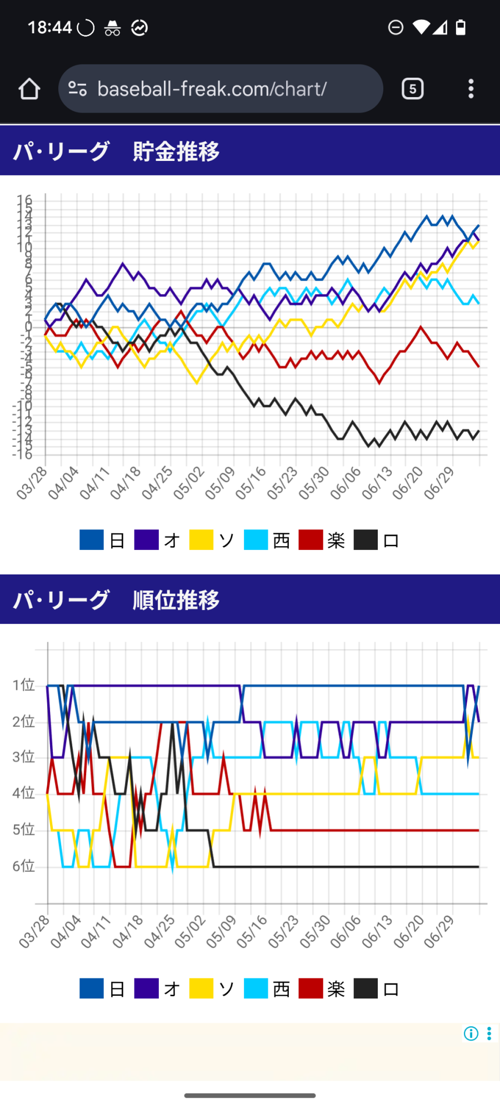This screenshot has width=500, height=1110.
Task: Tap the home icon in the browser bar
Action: (x=29, y=89)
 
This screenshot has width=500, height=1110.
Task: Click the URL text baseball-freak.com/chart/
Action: (x=212, y=89)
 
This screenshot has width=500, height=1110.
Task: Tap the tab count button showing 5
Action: (x=412, y=89)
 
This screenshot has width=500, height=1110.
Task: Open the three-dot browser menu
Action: (x=471, y=89)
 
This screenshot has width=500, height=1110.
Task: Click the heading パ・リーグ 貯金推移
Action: (x=117, y=151)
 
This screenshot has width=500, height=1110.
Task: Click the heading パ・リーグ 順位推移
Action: (x=117, y=599)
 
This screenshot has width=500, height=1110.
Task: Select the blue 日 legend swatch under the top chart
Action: (x=92, y=540)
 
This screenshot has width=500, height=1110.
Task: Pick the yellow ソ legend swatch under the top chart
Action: (x=201, y=540)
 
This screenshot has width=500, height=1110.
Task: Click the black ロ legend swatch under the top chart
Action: (x=366, y=540)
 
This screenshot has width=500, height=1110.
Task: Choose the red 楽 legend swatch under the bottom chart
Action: (x=311, y=988)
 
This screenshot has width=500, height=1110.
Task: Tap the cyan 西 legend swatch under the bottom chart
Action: (x=256, y=988)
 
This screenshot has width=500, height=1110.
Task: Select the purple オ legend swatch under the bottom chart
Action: (x=147, y=988)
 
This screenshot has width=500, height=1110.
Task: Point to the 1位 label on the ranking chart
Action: (x=24, y=685)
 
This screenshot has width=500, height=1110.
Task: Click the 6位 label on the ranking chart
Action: (x=24, y=866)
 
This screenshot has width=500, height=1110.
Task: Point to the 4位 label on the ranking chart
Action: (x=24, y=794)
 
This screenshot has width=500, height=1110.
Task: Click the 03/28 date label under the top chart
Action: (x=32, y=483)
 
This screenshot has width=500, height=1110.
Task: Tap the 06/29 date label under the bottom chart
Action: (x=439, y=932)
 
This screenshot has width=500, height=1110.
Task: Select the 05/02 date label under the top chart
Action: (x=189, y=483)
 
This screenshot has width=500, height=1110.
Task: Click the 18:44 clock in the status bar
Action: (x=50, y=27)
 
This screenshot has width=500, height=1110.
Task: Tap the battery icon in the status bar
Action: (x=461, y=27)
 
